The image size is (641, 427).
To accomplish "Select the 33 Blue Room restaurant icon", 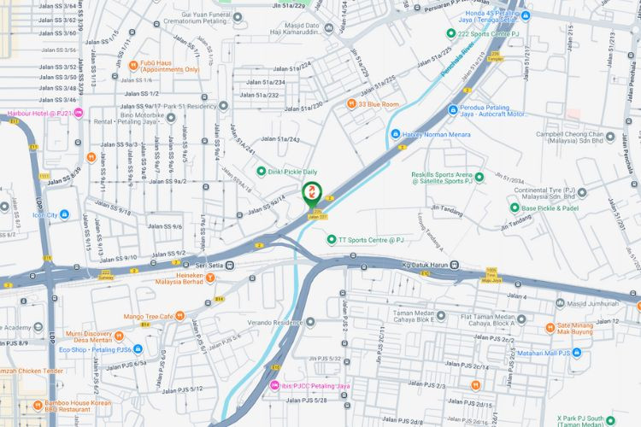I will click(351, 103).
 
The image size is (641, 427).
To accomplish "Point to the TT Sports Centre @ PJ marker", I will click(332, 240).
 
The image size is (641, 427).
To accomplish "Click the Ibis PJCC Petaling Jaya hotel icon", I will click(274, 386).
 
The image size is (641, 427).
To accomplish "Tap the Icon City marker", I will click(52, 214).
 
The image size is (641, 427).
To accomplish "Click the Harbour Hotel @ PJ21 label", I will click(38, 113).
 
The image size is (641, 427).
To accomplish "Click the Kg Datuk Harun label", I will click(425, 264).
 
